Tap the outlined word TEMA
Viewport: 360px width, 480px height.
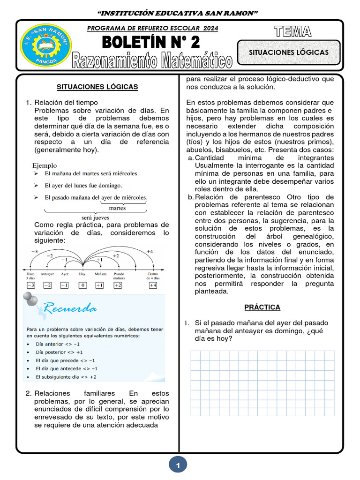click(293, 31)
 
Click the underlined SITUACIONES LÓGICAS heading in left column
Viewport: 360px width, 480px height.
click(97, 87)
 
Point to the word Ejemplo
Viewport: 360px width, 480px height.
click(45, 165)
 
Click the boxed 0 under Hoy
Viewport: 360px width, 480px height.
click(82, 285)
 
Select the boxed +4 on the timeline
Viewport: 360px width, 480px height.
click(153, 285)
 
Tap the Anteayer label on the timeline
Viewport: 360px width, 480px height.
click(47, 273)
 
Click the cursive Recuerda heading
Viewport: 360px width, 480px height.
click(71, 308)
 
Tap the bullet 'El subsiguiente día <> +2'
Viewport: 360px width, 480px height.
click(67, 376)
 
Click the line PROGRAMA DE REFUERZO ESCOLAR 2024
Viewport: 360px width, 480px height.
click(153, 28)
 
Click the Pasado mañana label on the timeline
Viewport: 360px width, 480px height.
click(119, 275)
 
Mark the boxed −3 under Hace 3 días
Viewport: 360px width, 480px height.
click(30, 285)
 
